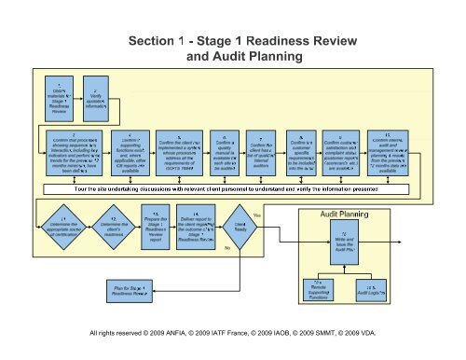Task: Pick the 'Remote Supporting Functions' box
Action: pyautogui.click(x=317, y=289)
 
